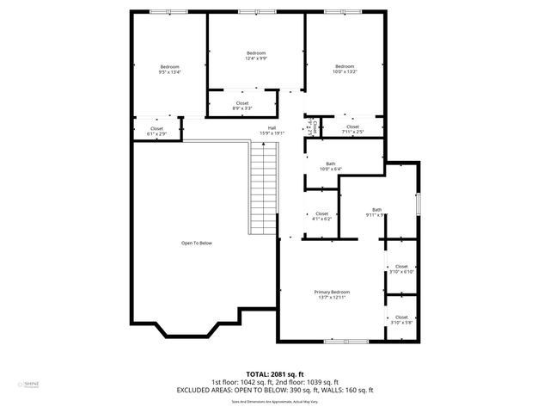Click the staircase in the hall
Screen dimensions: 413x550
click(263, 188)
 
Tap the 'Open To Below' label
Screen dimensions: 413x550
click(196, 243)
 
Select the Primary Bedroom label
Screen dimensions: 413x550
click(331, 293)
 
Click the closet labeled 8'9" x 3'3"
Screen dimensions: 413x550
click(242, 105)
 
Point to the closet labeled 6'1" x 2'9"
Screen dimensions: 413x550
click(156, 131)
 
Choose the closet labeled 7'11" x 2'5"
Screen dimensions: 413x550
click(352, 128)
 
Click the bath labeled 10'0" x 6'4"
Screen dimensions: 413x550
click(330, 166)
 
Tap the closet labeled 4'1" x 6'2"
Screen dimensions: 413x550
click(321, 216)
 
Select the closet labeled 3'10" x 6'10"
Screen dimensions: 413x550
click(401, 268)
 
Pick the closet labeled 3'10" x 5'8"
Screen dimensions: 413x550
click(401, 319)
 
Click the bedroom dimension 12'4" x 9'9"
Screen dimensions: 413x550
click(256, 59)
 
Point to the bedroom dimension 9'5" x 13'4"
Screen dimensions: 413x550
click(169, 72)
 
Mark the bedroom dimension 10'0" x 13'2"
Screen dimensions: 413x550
click(345, 72)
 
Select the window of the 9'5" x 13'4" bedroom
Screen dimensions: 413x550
click(161, 11)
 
